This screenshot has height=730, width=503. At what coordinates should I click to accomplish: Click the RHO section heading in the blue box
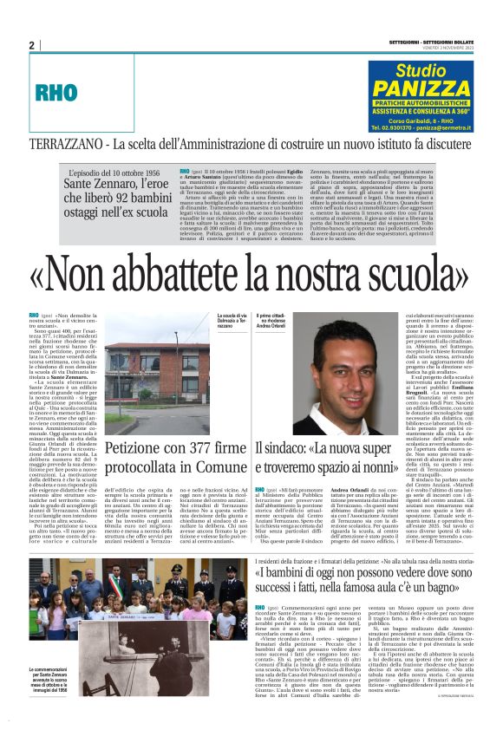coord(56,92)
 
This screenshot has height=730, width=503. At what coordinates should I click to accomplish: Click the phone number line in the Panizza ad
coord(420,126)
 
